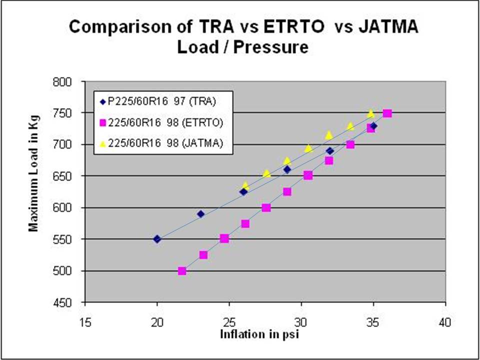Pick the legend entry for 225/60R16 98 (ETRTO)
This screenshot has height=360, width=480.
(x=165, y=122)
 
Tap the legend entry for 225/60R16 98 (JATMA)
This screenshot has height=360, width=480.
(x=165, y=143)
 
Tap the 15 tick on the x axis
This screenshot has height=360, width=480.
(x=85, y=323)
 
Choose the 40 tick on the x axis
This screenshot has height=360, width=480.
(x=444, y=323)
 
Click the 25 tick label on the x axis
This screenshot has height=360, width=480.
(x=229, y=323)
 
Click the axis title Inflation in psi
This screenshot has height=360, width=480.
(x=259, y=334)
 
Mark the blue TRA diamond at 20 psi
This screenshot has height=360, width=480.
(x=157, y=239)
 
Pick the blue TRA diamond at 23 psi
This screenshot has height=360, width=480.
(x=200, y=214)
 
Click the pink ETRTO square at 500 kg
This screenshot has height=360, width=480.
(x=182, y=271)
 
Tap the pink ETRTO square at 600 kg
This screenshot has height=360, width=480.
(x=266, y=207)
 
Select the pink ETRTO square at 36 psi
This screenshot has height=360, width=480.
(x=387, y=113)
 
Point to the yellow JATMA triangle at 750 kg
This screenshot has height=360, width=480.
(x=371, y=113)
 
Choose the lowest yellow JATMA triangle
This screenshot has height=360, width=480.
(x=245, y=185)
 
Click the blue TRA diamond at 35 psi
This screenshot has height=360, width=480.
(x=373, y=126)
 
